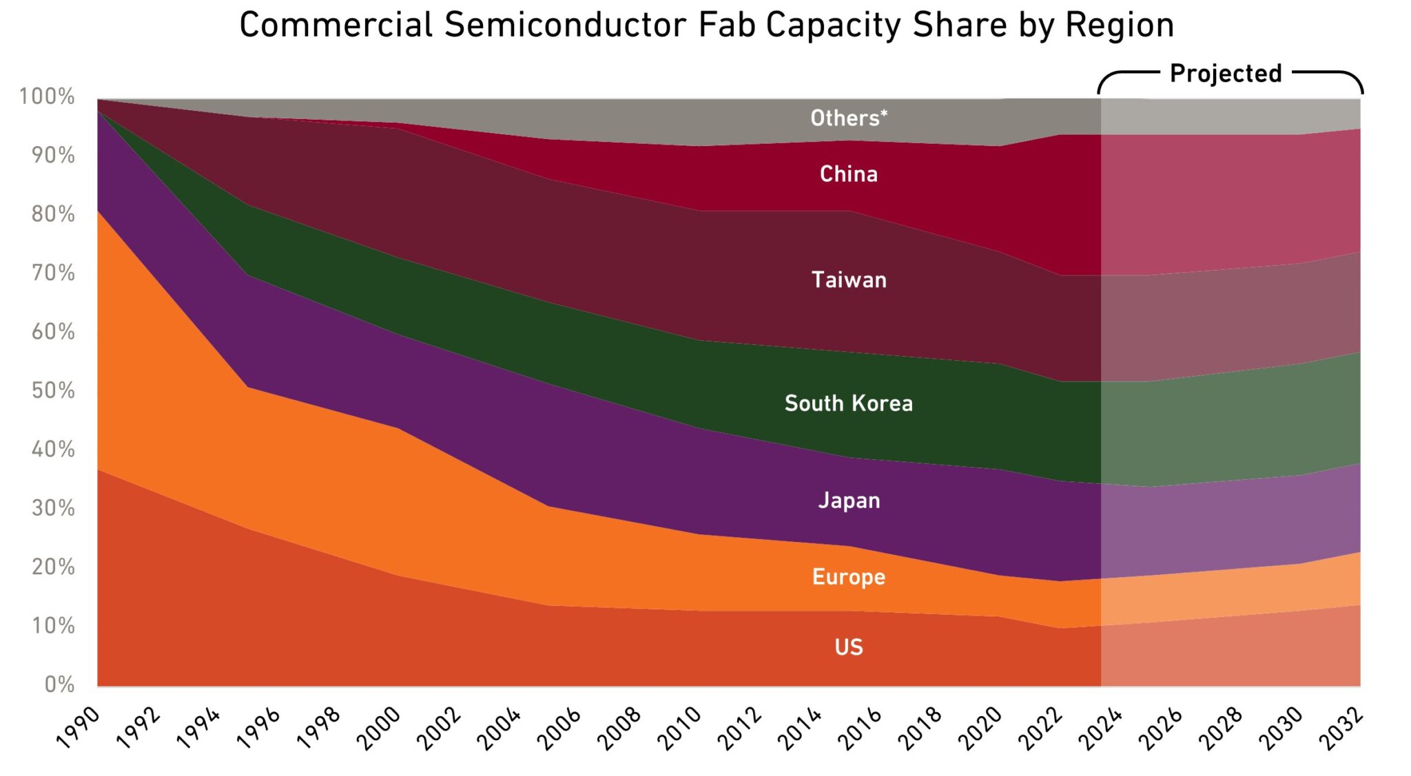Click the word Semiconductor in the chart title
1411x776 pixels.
[565, 25]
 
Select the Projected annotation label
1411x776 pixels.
[1226, 74]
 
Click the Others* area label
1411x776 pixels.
[849, 118]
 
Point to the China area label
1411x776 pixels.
[849, 174]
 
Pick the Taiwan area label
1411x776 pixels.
[849, 280]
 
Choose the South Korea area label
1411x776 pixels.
[849, 403]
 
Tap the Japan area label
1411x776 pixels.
[849, 501]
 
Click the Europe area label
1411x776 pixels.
[849, 577]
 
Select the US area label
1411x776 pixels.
[849, 647]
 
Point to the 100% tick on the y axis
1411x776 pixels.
[47, 97]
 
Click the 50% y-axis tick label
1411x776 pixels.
[53, 391]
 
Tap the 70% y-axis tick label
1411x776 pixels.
[53, 273]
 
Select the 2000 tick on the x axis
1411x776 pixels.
[379, 728]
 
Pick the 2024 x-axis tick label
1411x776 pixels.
[1100, 728]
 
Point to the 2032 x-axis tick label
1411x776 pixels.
[1341, 728]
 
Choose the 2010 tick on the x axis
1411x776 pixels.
[679, 728]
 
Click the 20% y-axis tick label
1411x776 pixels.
[53, 567]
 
